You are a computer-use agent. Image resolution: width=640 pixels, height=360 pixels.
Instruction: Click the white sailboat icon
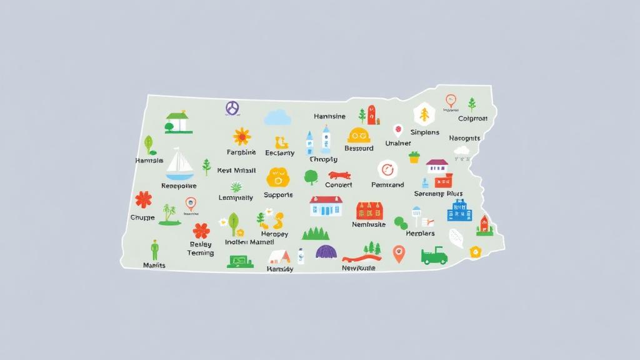click(179, 163)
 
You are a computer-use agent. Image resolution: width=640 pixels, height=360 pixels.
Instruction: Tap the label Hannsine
click(329, 117)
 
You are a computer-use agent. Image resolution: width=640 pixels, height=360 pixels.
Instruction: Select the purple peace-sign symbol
click(232, 108)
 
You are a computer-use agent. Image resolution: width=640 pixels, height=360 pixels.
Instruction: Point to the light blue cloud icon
click(277, 117)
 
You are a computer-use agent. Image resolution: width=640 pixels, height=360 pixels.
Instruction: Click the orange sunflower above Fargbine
click(242, 136)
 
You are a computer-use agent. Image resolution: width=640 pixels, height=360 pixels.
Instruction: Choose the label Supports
click(278, 195)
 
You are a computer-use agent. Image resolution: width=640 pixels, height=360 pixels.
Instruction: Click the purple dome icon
click(326, 252)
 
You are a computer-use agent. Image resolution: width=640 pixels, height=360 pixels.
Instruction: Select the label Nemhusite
click(369, 224)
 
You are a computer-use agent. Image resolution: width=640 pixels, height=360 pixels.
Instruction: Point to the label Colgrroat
click(472, 119)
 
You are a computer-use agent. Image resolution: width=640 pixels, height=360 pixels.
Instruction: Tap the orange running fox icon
click(339, 176)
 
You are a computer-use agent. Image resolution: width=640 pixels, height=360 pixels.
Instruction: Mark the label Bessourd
click(359, 149)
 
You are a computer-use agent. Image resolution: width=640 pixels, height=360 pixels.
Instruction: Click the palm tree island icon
click(169, 214)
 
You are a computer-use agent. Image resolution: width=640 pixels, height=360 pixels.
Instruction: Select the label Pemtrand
click(387, 185)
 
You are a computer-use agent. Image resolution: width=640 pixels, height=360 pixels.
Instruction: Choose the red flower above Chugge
click(144, 199)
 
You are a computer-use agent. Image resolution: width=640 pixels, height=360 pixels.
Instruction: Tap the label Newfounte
click(359, 268)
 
